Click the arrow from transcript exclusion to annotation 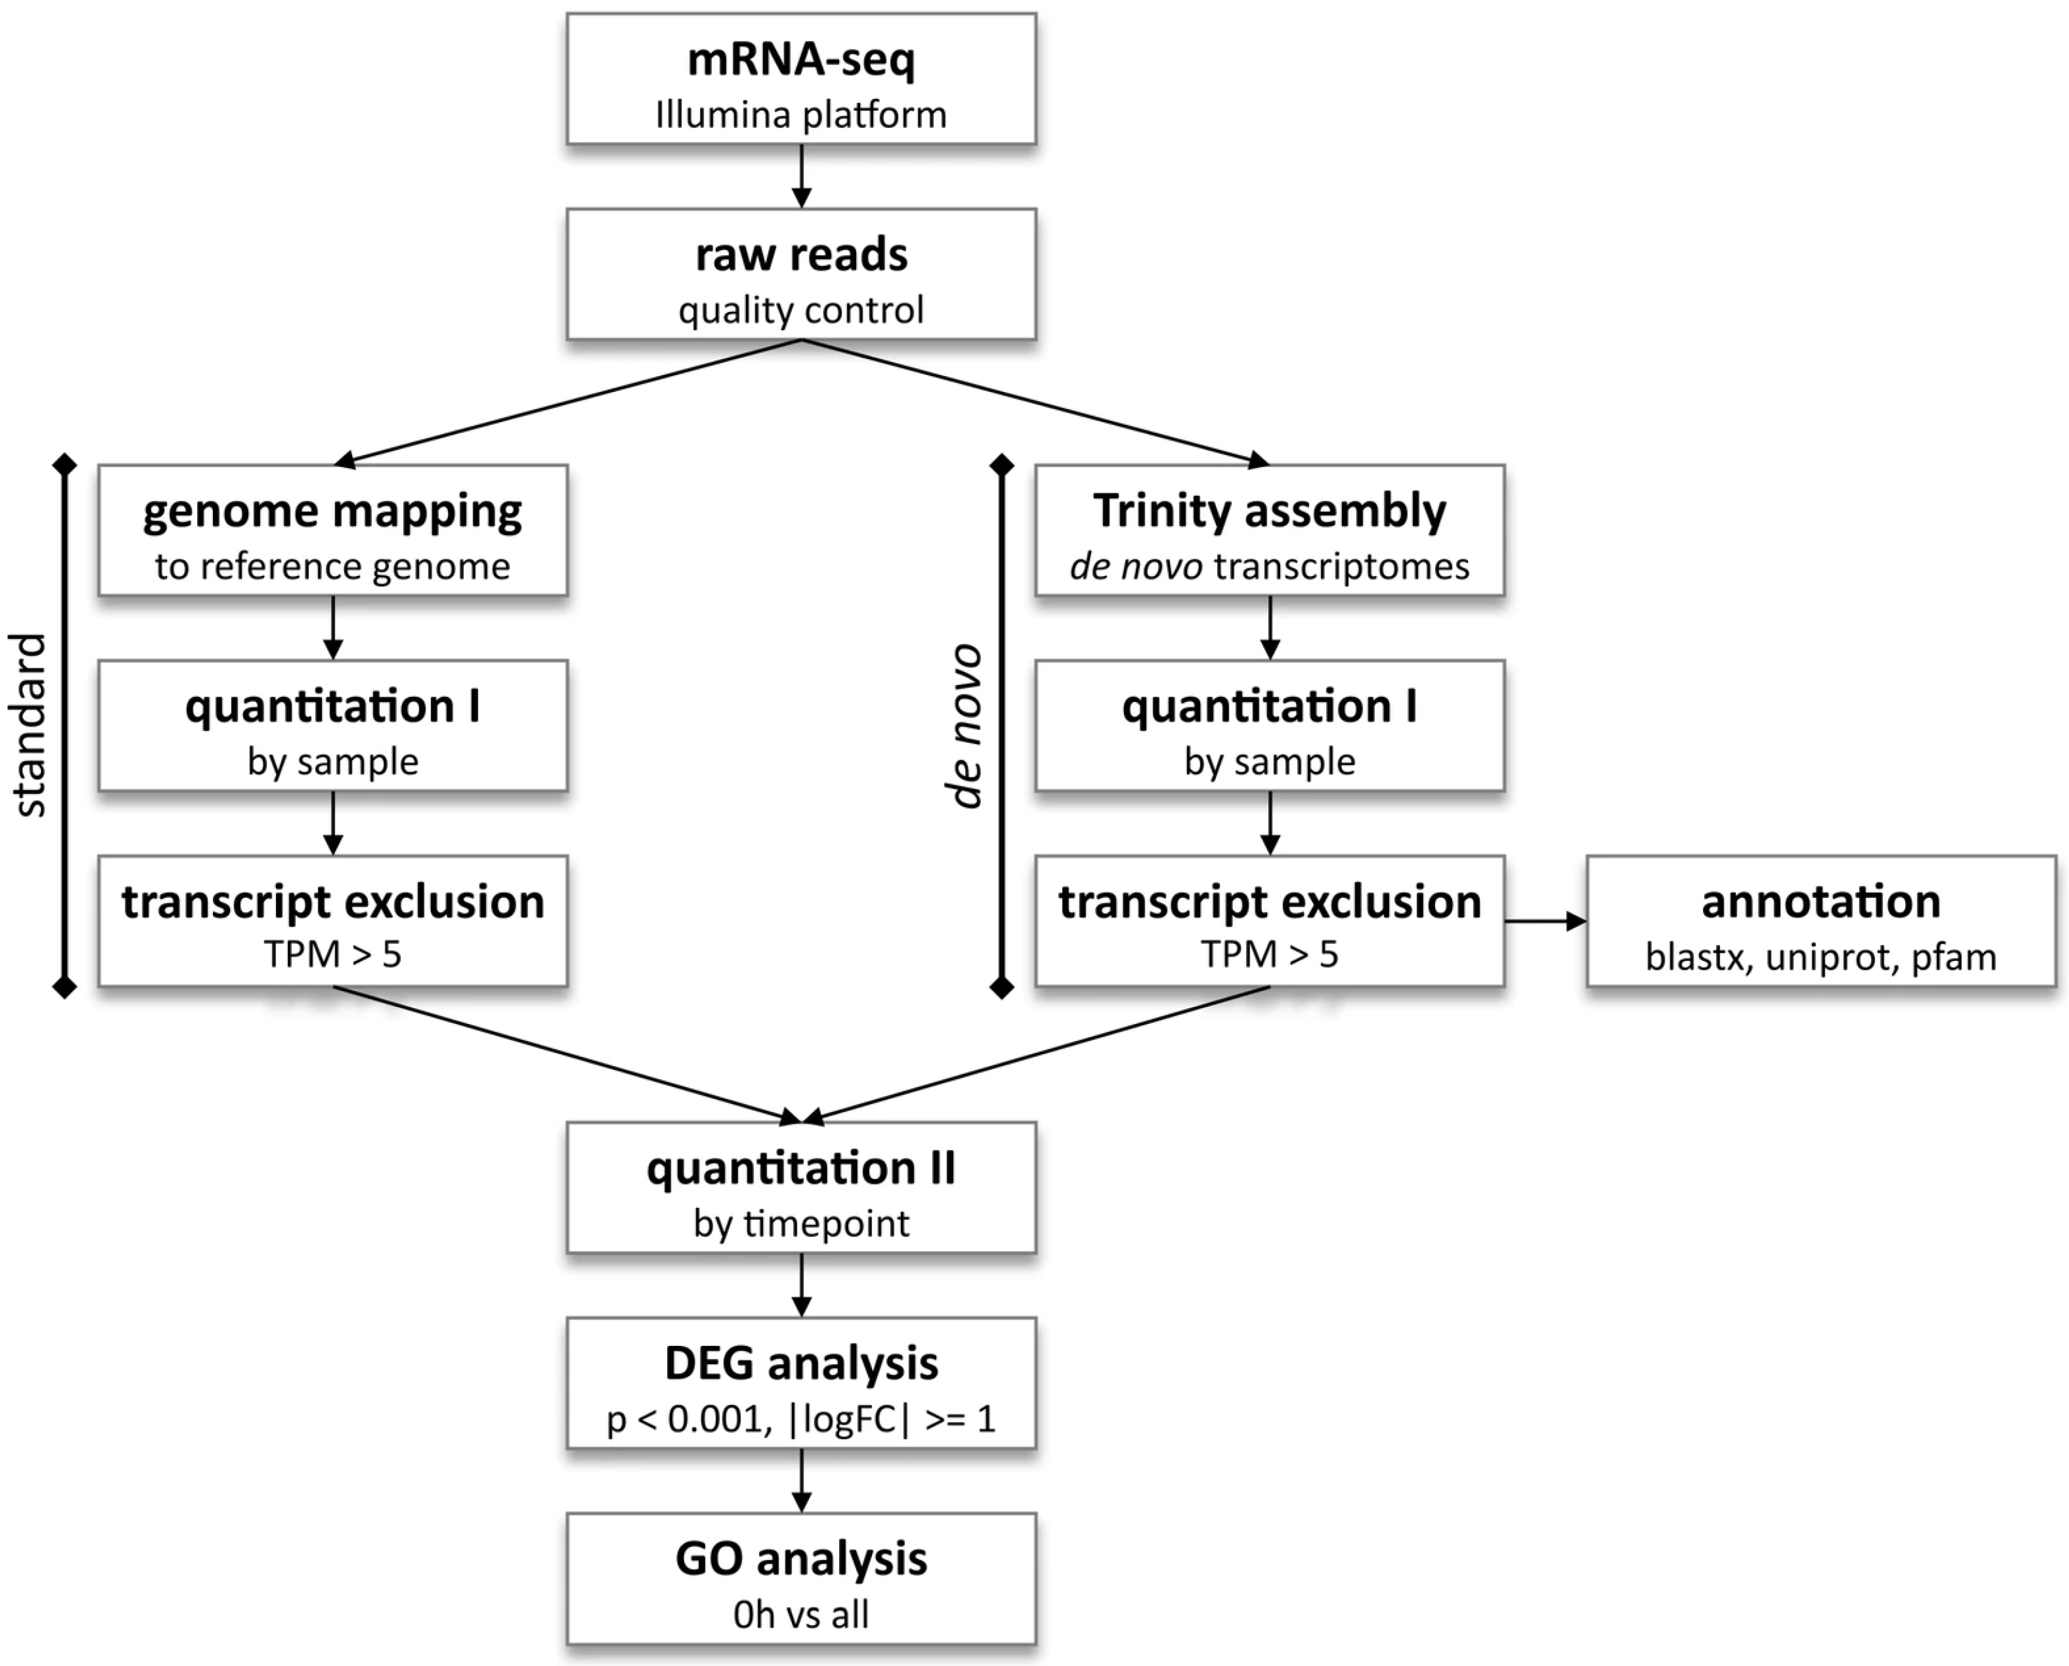1545,921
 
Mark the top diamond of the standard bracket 64,464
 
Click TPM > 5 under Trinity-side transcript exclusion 1269,955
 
